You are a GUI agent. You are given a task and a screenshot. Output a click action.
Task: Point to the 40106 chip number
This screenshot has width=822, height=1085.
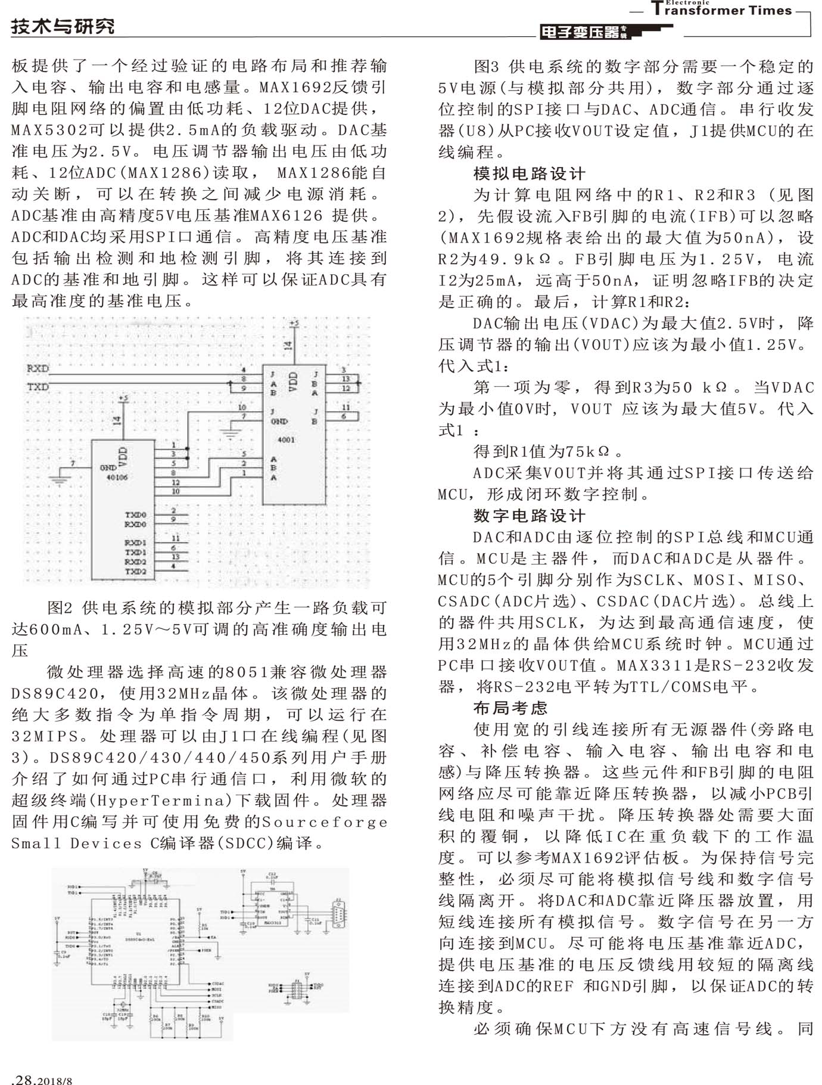117,477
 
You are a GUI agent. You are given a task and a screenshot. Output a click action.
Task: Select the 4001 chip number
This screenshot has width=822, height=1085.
286,440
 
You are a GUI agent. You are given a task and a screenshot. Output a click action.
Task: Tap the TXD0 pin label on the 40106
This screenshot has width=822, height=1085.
135,514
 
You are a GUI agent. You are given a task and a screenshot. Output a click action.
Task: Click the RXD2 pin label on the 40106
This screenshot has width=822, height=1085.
135,562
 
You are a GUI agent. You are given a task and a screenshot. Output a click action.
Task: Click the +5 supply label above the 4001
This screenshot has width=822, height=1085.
294,324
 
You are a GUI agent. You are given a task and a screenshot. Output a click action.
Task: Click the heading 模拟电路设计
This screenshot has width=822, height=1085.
530,173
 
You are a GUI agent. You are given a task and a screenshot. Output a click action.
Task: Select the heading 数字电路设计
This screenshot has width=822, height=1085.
530,516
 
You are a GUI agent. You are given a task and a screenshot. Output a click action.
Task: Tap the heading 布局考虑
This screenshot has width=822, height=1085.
510,708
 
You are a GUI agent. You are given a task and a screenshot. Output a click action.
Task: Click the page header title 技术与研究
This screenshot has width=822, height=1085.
63,26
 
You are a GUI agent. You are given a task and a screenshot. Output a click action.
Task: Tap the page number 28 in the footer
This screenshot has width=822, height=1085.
27,1078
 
